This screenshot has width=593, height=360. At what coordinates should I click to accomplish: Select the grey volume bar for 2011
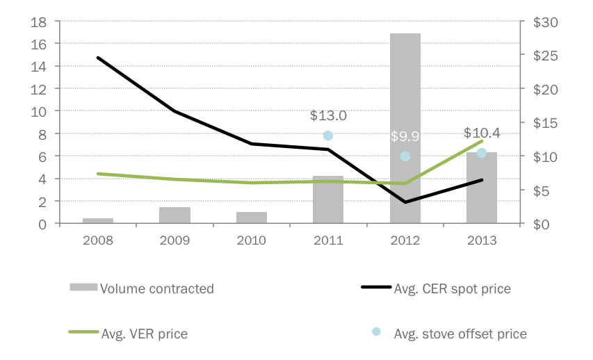[328, 200]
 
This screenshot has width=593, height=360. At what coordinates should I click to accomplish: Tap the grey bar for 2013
[481, 188]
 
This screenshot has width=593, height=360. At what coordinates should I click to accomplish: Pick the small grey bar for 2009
[174, 215]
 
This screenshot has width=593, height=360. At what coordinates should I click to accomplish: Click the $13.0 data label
[328, 115]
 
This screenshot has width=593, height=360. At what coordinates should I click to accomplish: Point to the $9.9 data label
[405, 136]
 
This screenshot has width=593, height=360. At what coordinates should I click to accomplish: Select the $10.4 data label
[482, 133]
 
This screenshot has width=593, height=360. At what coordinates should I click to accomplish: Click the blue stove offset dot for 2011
[328, 136]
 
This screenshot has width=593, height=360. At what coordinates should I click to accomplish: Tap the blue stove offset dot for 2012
[405, 156]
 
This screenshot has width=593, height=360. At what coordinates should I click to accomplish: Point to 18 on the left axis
[39, 22]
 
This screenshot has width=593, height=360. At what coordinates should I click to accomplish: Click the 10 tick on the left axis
[39, 111]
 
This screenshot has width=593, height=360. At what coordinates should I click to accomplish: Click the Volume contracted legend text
[157, 288]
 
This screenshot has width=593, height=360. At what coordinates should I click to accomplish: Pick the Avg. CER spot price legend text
[452, 288]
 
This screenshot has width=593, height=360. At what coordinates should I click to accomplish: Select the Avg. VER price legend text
[144, 334]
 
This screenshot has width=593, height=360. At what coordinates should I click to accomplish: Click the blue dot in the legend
[376, 332]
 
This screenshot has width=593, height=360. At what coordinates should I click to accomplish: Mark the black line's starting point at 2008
[98, 58]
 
